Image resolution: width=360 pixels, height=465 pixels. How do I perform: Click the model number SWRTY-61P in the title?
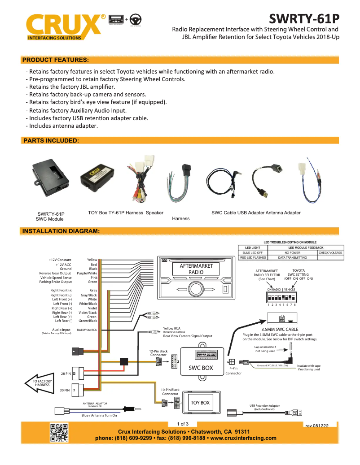[304, 18]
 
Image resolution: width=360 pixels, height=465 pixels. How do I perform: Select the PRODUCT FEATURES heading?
[55, 60]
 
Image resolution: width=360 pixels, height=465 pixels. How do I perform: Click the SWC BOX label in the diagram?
[200, 368]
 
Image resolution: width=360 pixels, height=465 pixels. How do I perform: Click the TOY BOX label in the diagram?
[200, 403]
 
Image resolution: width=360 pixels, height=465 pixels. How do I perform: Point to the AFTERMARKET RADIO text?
[196, 269]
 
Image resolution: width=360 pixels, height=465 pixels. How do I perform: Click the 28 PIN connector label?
[65, 373]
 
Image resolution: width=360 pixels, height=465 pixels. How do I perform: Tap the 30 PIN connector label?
[65, 390]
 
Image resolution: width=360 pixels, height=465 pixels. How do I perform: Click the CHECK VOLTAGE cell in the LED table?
[330, 253]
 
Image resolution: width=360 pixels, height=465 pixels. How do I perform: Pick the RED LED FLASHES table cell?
[253, 258]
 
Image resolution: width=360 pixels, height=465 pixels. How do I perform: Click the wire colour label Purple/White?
[87, 273]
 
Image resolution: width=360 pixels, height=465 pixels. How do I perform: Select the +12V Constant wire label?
[60, 260]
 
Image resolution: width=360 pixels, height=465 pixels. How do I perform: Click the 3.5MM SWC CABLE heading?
[280, 329]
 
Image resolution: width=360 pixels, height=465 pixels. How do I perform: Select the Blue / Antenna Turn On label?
[99, 415]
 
